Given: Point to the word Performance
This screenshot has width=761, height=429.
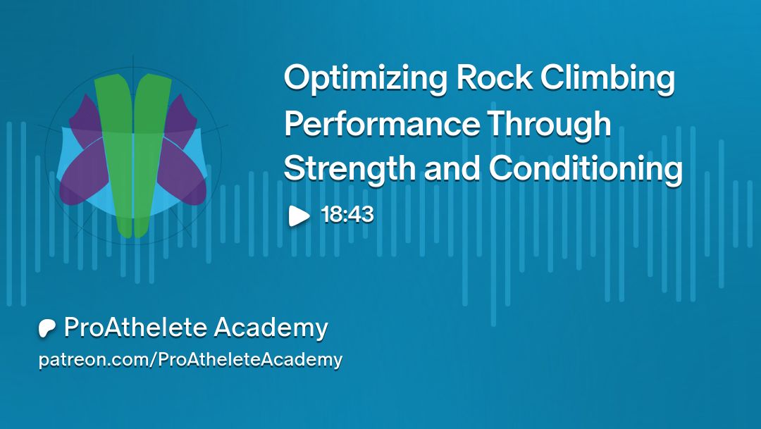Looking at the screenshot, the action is point(381,123).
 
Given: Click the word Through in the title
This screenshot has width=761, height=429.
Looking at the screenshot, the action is point(549,124).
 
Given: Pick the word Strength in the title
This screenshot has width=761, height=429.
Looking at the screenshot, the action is point(349,169).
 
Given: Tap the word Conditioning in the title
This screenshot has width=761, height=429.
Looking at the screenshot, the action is point(586,169).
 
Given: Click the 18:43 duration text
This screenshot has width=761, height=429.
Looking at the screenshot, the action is point(347,214).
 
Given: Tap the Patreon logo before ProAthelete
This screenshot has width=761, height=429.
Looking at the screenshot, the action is point(47,328).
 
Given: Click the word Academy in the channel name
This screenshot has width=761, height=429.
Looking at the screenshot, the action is point(271,328).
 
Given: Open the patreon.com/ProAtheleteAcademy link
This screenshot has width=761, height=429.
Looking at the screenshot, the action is point(190,359).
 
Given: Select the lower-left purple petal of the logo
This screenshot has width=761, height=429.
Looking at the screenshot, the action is point(82,175).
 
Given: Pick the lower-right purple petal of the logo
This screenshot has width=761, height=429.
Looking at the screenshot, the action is point(183,175).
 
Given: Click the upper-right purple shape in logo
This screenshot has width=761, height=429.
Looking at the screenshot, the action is point(181,116).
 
